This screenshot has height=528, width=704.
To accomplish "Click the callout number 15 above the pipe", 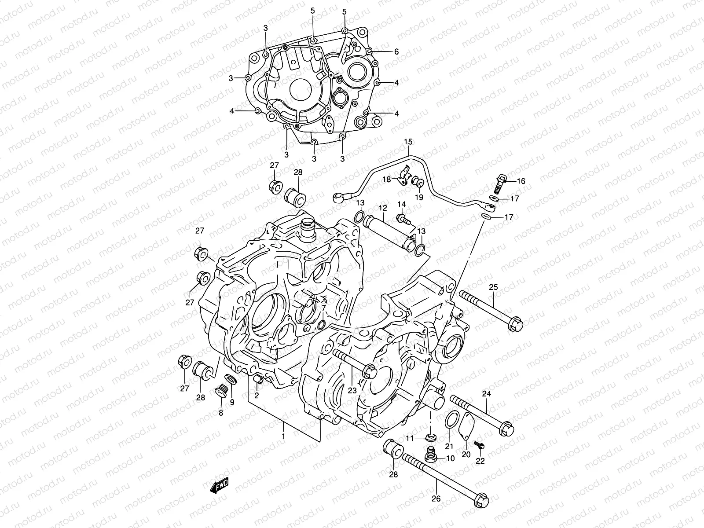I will pyautogui.click(x=408, y=142).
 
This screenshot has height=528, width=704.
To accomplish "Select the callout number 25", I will pyautogui.click(x=493, y=288).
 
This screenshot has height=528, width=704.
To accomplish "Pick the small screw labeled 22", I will pyautogui.click(x=481, y=446).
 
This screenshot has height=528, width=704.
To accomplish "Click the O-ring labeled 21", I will pyautogui.click(x=452, y=420).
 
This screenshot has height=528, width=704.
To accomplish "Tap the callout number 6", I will pyautogui.click(x=396, y=51).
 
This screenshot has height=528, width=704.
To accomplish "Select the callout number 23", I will pyautogui.click(x=352, y=390).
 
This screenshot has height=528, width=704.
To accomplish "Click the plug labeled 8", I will pyautogui.click(x=220, y=391).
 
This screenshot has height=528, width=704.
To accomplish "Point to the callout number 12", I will pyautogui.click(x=383, y=207).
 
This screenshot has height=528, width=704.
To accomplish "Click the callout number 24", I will pyautogui.click(x=486, y=394).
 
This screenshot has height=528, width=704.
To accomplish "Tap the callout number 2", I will pyautogui.click(x=256, y=395).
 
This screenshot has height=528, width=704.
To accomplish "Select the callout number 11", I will pyautogui.click(x=410, y=438).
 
